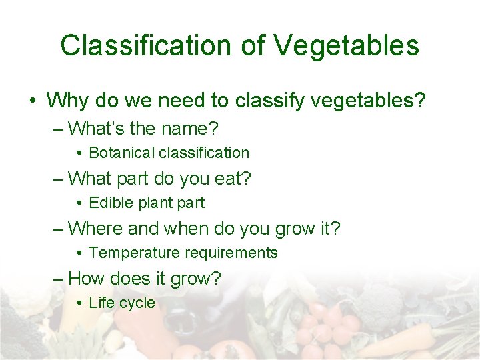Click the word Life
101,303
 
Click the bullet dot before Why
33,102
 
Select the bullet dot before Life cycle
79,303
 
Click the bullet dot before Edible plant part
79,203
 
